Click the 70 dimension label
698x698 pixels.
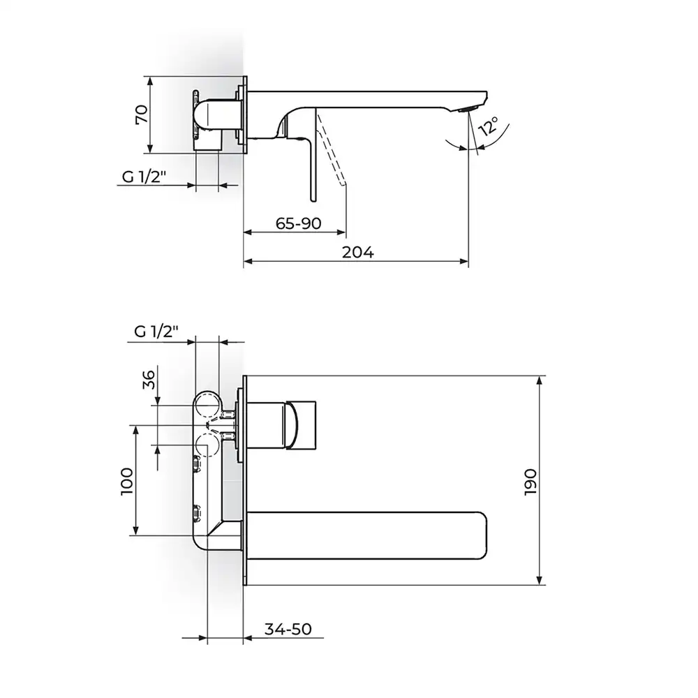click(141, 114)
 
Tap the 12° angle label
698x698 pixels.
click(488, 126)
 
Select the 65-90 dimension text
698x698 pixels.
click(298, 223)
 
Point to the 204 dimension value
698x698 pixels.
click(358, 253)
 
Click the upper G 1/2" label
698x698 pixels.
click(144, 177)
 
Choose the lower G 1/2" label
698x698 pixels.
click(156, 331)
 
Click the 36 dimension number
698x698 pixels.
click(149, 379)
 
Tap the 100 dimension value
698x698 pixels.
click(126, 481)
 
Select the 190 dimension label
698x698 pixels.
click(530, 482)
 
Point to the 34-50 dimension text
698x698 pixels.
click(288, 629)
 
